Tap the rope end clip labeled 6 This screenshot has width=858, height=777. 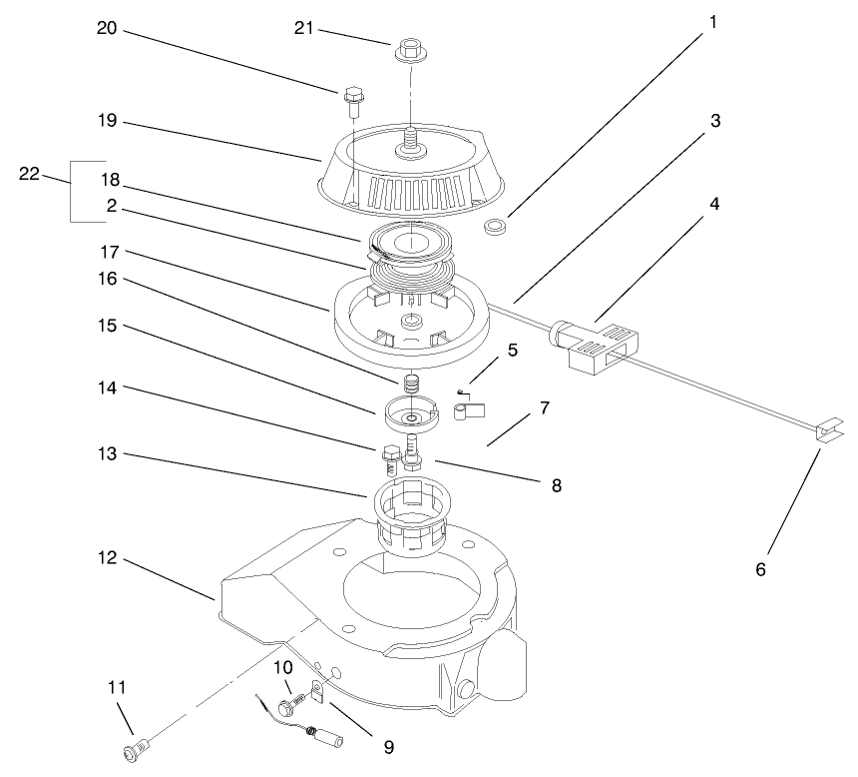coord(826,431)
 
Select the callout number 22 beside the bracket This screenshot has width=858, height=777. coord(30,174)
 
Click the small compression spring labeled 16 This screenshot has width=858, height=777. coord(407,384)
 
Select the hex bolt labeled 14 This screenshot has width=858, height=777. coord(390,460)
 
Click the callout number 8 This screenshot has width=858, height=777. coord(556,486)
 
